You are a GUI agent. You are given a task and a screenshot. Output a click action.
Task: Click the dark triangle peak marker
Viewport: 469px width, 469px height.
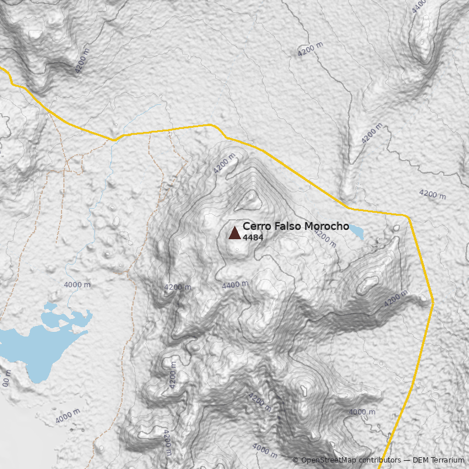[x=235, y=233]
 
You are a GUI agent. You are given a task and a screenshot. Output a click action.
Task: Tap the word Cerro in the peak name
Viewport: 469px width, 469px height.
[x=256, y=226]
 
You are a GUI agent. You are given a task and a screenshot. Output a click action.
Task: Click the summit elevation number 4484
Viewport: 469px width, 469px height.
[x=253, y=237]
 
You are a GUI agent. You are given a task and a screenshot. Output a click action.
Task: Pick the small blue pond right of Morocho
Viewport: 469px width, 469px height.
[x=356, y=233]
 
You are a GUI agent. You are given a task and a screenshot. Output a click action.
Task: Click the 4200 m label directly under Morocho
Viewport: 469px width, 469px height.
[x=325, y=238]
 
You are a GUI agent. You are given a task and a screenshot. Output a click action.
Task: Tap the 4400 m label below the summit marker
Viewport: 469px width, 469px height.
[x=235, y=285]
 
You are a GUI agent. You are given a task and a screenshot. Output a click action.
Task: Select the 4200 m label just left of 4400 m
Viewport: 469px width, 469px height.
[x=177, y=287]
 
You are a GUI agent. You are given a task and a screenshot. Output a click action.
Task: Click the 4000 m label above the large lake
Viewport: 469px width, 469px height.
[x=77, y=285]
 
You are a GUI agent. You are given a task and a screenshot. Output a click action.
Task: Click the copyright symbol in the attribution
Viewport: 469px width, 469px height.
[x=295, y=460]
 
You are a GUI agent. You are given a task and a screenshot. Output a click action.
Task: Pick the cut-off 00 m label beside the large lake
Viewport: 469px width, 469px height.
[x=6, y=378]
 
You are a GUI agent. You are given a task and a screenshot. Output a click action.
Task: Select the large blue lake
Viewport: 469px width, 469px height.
[x=35, y=349]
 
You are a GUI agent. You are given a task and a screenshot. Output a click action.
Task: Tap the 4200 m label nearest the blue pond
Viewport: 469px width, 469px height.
[x=325, y=238]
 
